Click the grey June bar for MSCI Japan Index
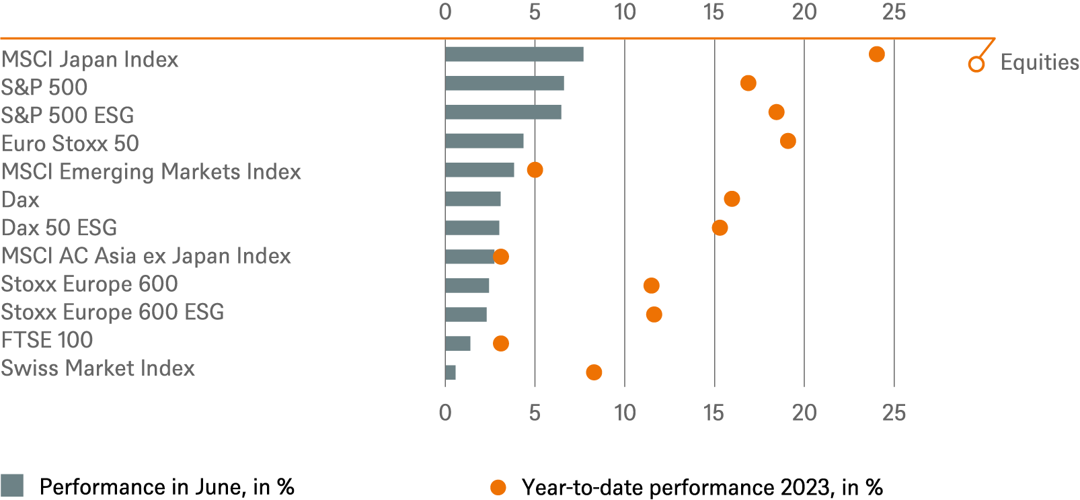pyautogui.click(x=514, y=54)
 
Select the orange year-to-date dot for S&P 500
pyautogui.click(x=748, y=83)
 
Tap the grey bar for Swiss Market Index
pyautogui.click(x=451, y=372)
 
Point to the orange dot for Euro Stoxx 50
pyautogui.click(x=787, y=141)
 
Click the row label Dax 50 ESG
pyautogui.click(x=59, y=228)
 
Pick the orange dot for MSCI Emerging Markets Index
pyautogui.click(x=535, y=170)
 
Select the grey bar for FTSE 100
pyautogui.click(x=457, y=343)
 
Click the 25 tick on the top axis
pyautogui.click(x=894, y=12)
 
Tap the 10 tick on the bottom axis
pyautogui.click(x=625, y=413)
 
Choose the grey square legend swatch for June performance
pyautogui.click(x=12, y=485)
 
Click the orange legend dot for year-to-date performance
pyautogui.click(x=498, y=487)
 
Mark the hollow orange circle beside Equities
pyautogui.click(x=976, y=65)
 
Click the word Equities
pyautogui.click(x=1039, y=62)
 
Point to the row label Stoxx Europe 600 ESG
pyautogui.click(x=112, y=312)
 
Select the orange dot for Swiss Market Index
pyautogui.click(x=594, y=372)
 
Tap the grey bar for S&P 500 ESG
pyautogui.click(x=503, y=112)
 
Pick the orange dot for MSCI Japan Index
pyautogui.click(x=876, y=54)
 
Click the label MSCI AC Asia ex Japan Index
pyautogui.click(x=146, y=256)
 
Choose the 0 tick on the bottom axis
pyautogui.click(x=445, y=413)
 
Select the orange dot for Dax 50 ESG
pyautogui.click(x=720, y=228)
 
